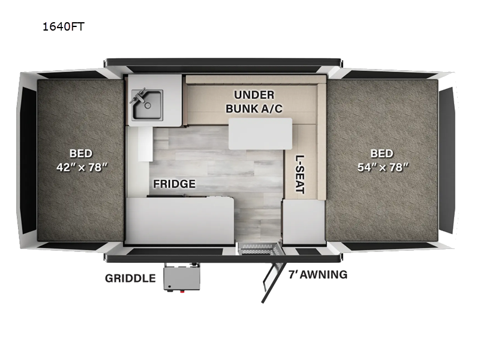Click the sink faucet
click(141, 95)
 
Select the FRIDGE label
click(174, 184)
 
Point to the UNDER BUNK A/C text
click(254, 101)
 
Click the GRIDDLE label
click(130, 278)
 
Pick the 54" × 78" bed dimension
click(382, 167)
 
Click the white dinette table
click(260, 133)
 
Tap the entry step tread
click(258, 247)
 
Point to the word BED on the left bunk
click(80, 154)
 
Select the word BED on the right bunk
click(382, 154)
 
